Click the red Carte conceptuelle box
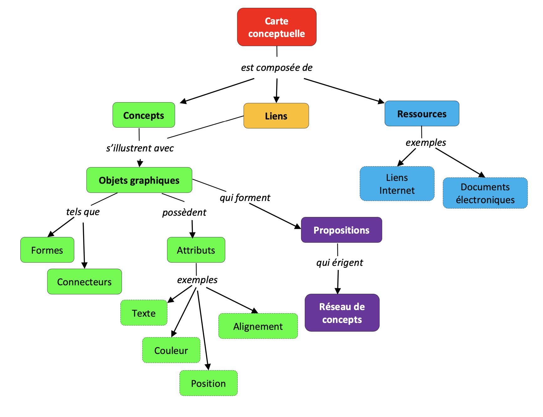(277, 27)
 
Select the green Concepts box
(144, 115)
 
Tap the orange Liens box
(276, 116)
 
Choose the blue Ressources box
(422, 113)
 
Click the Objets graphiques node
(139, 180)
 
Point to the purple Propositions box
(341, 230)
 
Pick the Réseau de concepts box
(342, 313)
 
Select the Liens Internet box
(397, 184)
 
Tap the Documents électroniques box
(485, 193)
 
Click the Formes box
(47, 250)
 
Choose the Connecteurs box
(84, 282)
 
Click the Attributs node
(196, 250)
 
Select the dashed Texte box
(144, 313)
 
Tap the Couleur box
(171, 350)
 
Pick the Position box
(208, 383)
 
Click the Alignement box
(258, 326)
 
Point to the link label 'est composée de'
(277, 67)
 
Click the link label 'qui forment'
(245, 198)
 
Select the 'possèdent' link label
(184, 212)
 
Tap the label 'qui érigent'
(340, 262)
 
